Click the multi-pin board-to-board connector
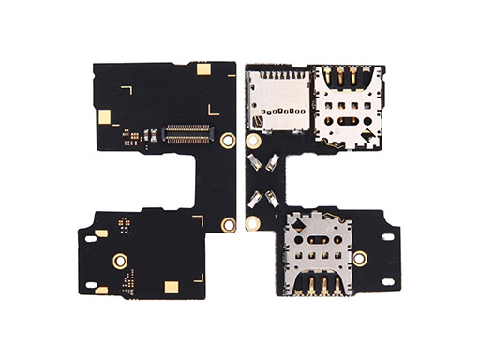[x=188, y=132]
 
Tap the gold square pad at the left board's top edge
[x=202, y=68]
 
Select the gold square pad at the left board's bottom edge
[x=171, y=288]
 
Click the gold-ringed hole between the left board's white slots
[x=120, y=260]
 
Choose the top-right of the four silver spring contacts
[x=271, y=166]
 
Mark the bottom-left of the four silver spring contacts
[x=254, y=199]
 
